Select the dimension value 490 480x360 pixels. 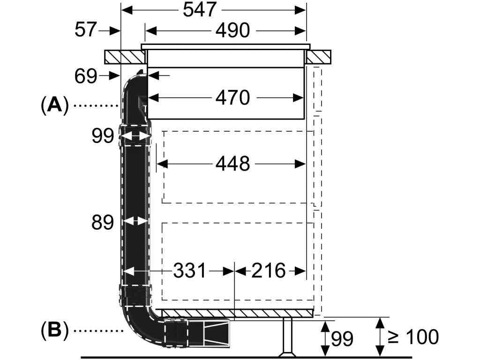[232, 30]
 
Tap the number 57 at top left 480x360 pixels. [86, 30]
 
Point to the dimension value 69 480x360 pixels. [86, 76]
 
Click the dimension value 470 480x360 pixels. [232, 97]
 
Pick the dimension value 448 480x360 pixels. [232, 164]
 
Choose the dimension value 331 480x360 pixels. [190, 270]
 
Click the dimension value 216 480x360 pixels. [269, 270]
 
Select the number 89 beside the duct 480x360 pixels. [103, 222]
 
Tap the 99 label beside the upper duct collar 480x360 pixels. [103, 135]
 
